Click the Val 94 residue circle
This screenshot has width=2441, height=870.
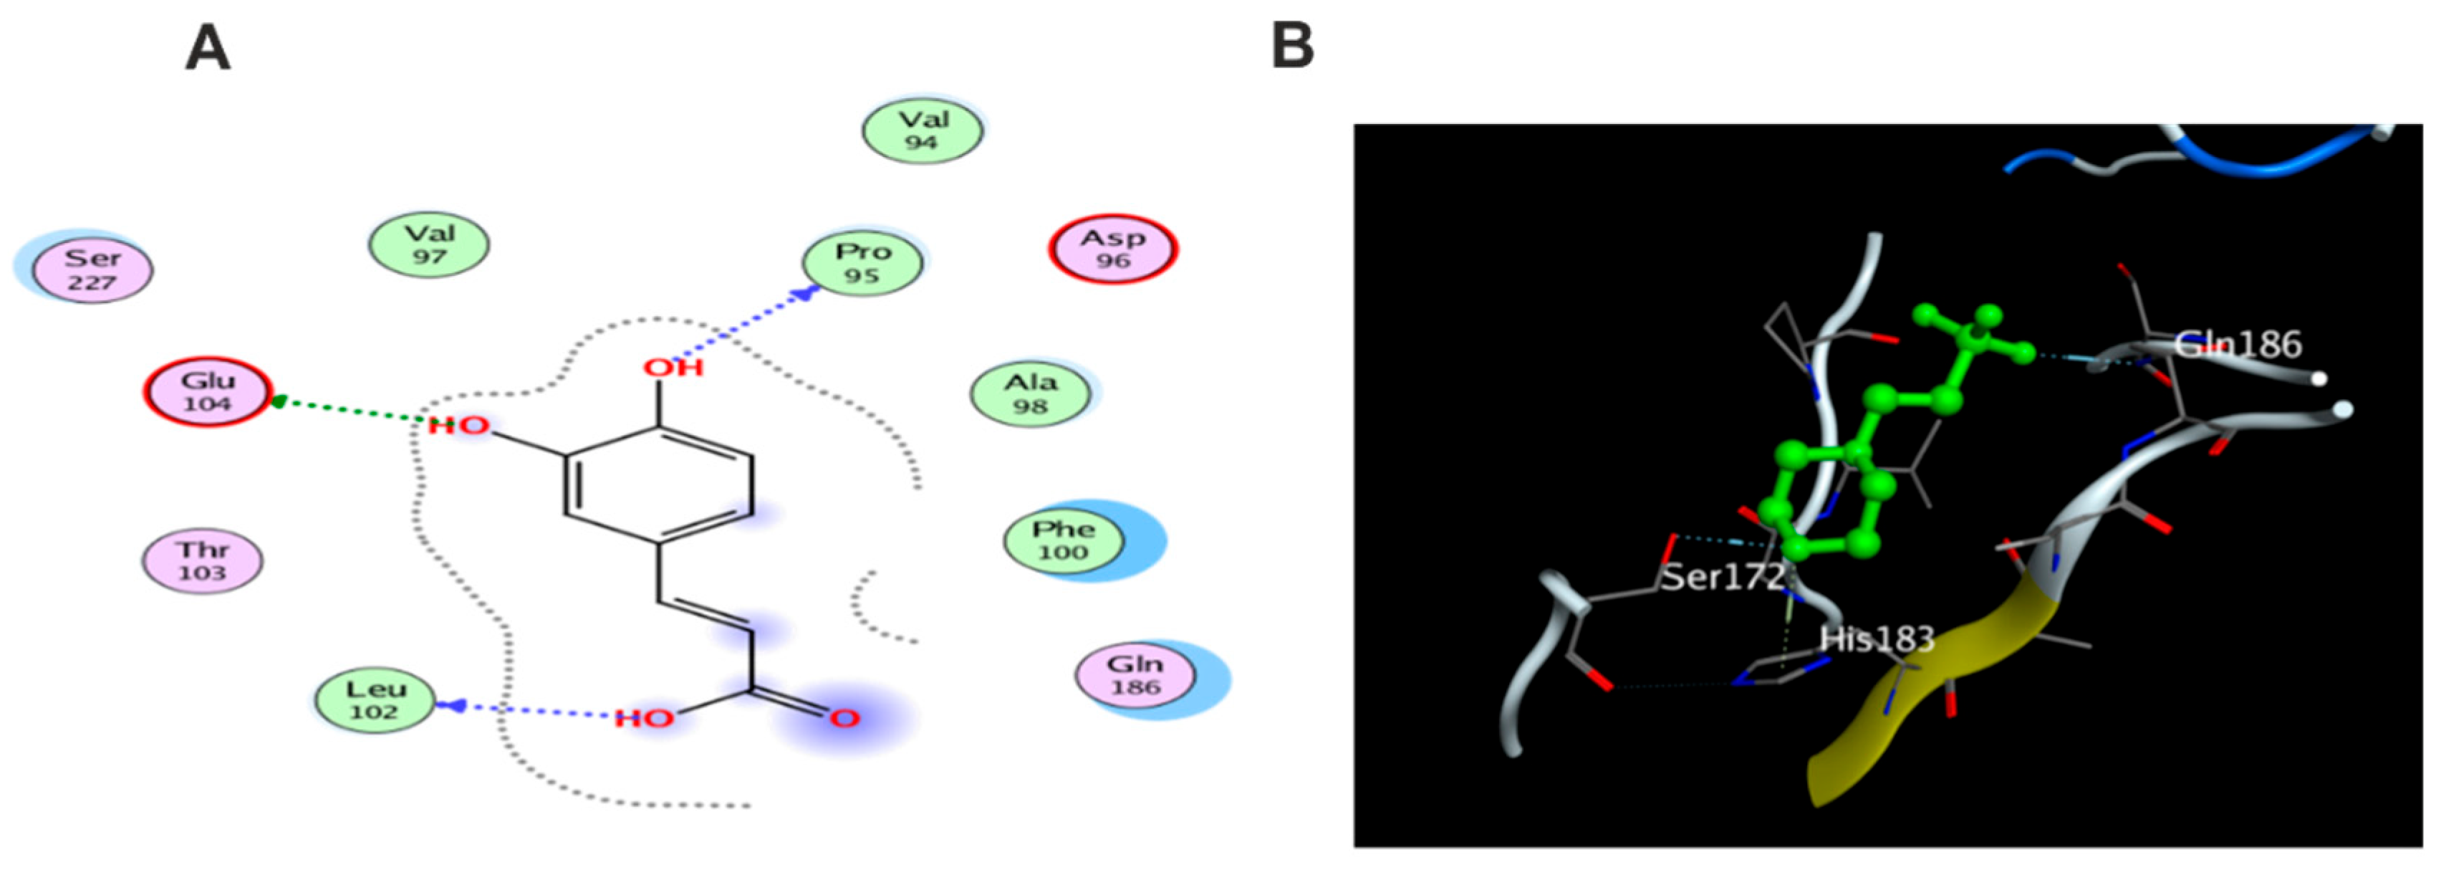click(x=922, y=130)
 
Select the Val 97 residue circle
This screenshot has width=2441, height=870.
click(x=429, y=244)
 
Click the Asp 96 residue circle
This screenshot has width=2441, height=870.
click(x=1114, y=248)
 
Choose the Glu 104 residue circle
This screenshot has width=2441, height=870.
click(x=208, y=391)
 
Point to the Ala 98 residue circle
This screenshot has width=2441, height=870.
click(x=1030, y=393)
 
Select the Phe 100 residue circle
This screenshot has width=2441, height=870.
click(x=1063, y=541)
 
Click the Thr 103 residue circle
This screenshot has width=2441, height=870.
click(x=202, y=560)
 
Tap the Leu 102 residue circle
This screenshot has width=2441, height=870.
click(x=375, y=699)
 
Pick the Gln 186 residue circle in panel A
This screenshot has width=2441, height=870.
click(x=1135, y=675)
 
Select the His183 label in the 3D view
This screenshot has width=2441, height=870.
click(x=1877, y=640)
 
